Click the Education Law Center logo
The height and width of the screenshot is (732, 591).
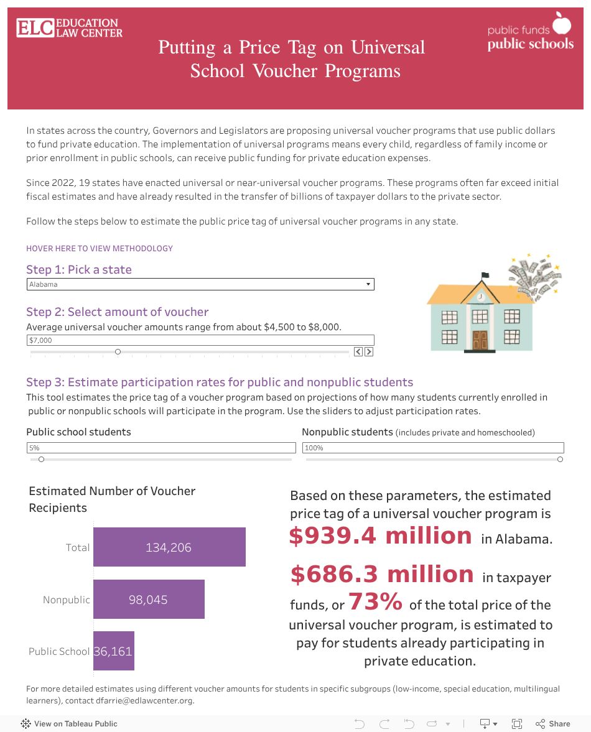click(x=69, y=27)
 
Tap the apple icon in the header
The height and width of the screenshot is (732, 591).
click(x=562, y=24)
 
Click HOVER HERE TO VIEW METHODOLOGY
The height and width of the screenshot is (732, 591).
click(x=100, y=248)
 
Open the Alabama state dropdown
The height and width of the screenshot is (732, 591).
click(x=200, y=284)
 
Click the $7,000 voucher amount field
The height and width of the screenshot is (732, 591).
click(x=200, y=340)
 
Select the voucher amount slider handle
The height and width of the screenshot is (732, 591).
click(x=118, y=352)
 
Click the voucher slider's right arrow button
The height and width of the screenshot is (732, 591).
click(x=369, y=352)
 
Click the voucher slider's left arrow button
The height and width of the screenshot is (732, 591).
click(x=358, y=352)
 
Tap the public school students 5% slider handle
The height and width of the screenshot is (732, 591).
click(x=41, y=460)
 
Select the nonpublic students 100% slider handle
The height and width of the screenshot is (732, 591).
click(x=560, y=460)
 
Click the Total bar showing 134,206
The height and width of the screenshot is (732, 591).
click(x=169, y=547)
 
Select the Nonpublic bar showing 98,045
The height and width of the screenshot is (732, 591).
click(x=149, y=600)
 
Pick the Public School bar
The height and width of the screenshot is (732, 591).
click(x=113, y=651)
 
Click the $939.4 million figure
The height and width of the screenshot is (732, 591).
click(x=380, y=535)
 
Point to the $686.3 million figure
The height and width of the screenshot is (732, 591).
click(x=382, y=574)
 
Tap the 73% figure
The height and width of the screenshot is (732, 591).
click(x=375, y=602)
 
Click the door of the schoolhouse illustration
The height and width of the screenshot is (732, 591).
click(x=480, y=340)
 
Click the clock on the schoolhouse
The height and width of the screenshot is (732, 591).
click(x=480, y=297)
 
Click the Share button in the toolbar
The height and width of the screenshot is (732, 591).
click(x=553, y=723)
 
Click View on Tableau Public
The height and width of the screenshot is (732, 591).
click(x=69, y=723)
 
